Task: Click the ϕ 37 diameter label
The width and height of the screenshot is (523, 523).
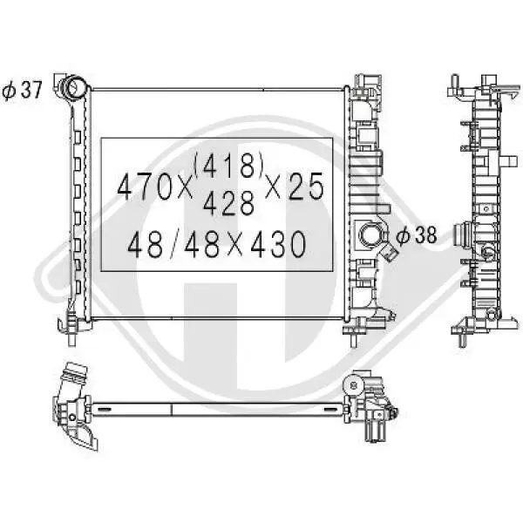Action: [22, 90]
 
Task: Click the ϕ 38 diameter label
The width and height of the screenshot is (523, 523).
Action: [417, 235]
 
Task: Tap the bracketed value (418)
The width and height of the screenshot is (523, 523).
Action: [228, 166]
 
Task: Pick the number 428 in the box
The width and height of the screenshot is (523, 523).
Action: [228, 204]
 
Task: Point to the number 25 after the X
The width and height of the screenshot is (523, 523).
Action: [306, 187]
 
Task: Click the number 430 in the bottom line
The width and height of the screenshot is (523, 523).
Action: [277, 244]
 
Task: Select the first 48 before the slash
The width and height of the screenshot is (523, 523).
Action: [146, 244]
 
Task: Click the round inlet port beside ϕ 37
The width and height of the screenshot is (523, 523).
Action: [73, 85]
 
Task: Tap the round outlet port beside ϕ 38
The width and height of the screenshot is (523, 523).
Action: [370, 235]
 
